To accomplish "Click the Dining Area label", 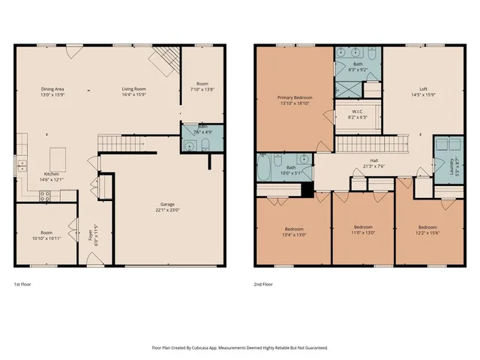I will click(52, 89).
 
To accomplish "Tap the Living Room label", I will click(133, 89).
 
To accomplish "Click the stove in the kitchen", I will click(45, 196).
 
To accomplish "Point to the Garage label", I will click(168, 203).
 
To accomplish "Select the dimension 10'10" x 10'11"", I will click(46, 238).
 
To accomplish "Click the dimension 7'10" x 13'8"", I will click(202, 89).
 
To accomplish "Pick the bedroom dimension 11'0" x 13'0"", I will click(362, 231).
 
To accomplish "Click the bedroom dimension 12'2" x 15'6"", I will click(427, 231).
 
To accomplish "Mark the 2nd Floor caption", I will click(263, 285).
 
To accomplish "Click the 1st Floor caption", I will click(22, 285).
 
